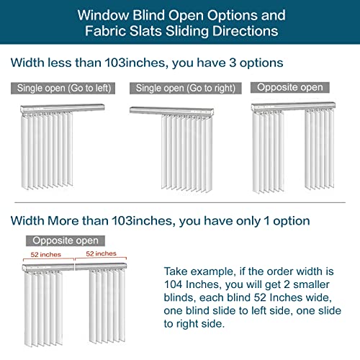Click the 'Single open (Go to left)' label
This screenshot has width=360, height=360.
tap(61, 89)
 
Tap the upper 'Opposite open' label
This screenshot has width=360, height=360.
tap(289, 87)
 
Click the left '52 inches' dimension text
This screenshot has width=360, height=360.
tap(45, 255)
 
